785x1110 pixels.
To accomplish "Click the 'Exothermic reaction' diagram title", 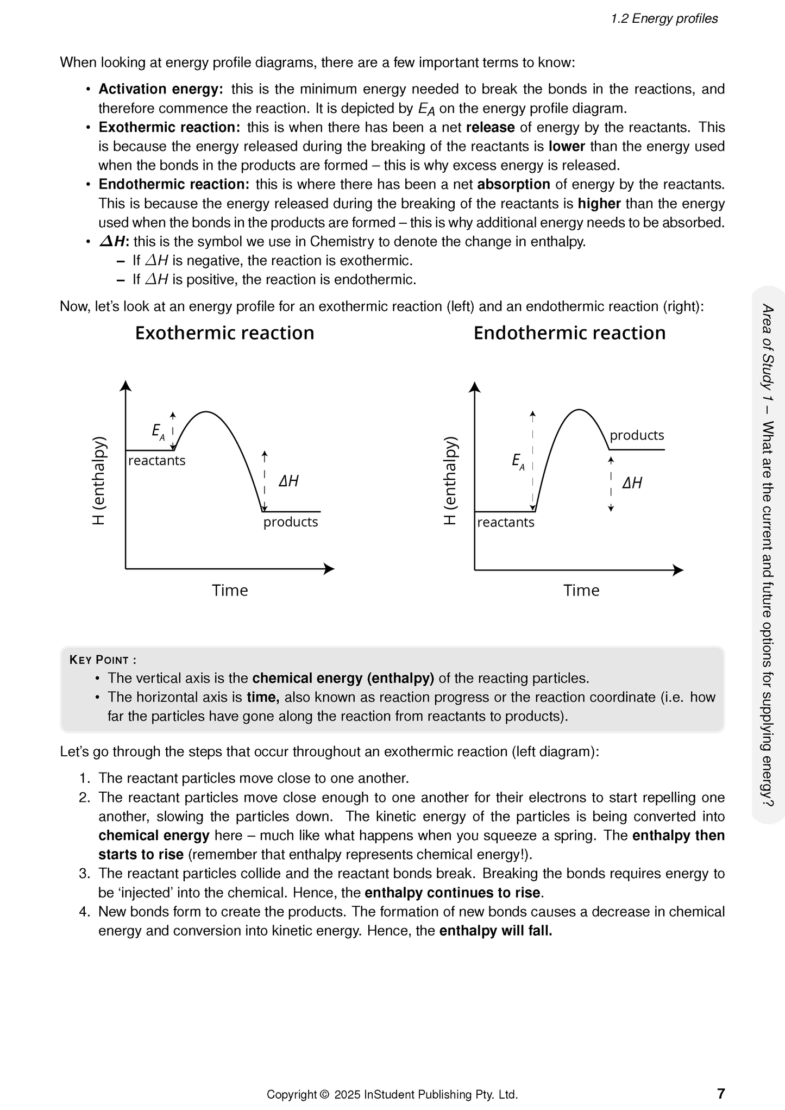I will pyautogui.click(x=224, y=333).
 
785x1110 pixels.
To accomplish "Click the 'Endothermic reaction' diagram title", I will pyautogui.click(x=569, y=333).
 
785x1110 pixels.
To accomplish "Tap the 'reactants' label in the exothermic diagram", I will pyautogui.click(x=156, y=461).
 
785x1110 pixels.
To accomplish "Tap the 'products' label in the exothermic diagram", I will pyautogui.click(x=291, y=522).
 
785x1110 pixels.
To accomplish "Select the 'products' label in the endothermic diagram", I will pyautogui.click(x=637, y=435).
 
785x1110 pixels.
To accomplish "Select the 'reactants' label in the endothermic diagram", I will pyautogui.click(x=506, y=523).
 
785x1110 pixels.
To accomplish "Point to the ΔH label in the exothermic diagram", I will pyautogui.click(x=288, y=481).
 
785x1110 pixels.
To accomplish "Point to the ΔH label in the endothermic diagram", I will pyautogui.click(x=632, y=483).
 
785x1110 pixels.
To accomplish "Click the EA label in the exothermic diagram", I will pyautogui.click(x=158, y=432).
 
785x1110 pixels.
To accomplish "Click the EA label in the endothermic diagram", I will pyautogui.click(x=518, y=462).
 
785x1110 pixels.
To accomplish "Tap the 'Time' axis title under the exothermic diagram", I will pyautogui.click(x=230, y=591).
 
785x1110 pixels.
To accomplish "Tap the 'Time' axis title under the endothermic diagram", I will pyautogui.click(x=581, y=591).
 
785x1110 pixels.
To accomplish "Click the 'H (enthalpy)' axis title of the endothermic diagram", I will pyautogui.click(x=450, y=480).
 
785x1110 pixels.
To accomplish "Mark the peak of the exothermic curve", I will pyautogui.click(x=206, y=412).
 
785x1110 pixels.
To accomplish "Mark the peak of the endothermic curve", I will pyautogui.click(x=580, y=409).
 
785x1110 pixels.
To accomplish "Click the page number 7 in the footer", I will pyautogui.click(x=720, y=1093).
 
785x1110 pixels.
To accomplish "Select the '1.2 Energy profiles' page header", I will pyautogui.click(x=664, y=19).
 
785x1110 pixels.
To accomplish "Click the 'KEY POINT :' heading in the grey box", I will pyautogui.click(x=103, y=660).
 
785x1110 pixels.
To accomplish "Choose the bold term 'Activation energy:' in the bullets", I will pyautogui.click(x=160, y=89).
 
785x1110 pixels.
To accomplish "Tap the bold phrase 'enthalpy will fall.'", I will pyautogui.click(x=495, y=931).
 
